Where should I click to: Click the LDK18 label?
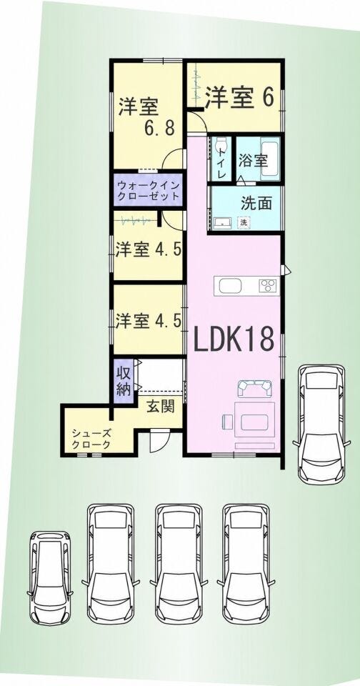coord(234,339)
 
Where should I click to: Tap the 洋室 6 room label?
coord(240,97)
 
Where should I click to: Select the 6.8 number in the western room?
coord(160,128)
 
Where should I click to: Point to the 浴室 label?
coord(253,161)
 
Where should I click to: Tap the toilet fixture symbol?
coord(221,145)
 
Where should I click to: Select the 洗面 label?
coord(256,203)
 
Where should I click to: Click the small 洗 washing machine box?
coord(243,222)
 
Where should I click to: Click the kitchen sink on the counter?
coord(230,286)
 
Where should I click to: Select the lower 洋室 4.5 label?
coord(149,321)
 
